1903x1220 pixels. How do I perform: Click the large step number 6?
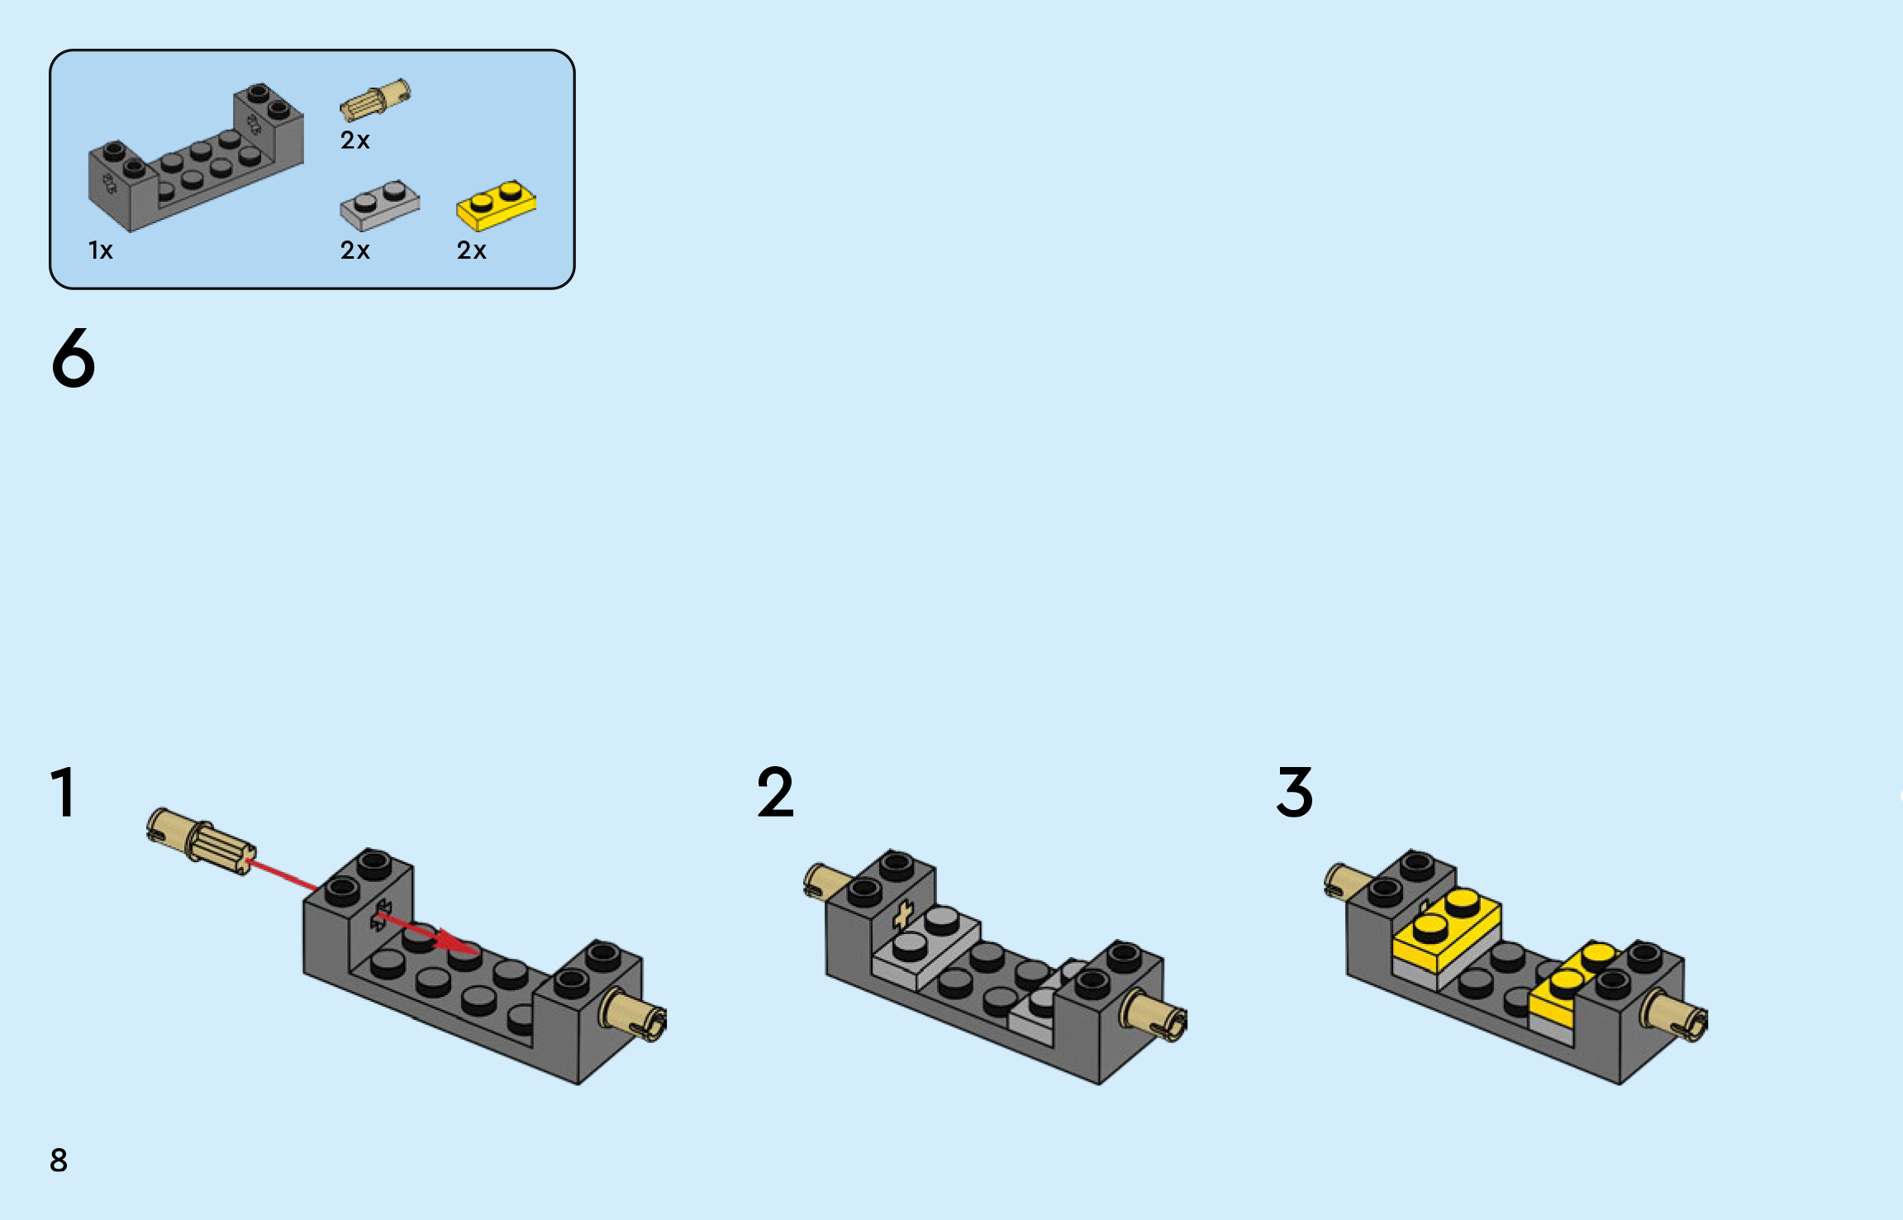click(74, 357)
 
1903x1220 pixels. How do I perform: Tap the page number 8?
click(59, 1160)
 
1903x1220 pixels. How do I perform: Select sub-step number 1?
click(64, 792)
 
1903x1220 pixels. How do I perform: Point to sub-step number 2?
click(775, 792)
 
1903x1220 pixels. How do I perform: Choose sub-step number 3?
click(1295, 792)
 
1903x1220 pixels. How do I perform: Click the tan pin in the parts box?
click(375, 100)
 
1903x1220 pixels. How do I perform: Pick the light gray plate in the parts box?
click(380, 206)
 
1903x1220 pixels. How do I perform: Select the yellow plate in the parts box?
click(497, 206)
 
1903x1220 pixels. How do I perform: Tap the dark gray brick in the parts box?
click(196, 157)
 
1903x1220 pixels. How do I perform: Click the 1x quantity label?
click(101, 250)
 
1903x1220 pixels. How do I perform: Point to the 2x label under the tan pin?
click(355, 141)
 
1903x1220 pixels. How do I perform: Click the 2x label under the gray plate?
click(355, 250)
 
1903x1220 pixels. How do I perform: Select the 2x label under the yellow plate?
click(472, 250)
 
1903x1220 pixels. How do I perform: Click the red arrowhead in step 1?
click(458, 943)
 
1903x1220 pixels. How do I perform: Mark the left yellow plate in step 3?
click(1447, 931)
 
